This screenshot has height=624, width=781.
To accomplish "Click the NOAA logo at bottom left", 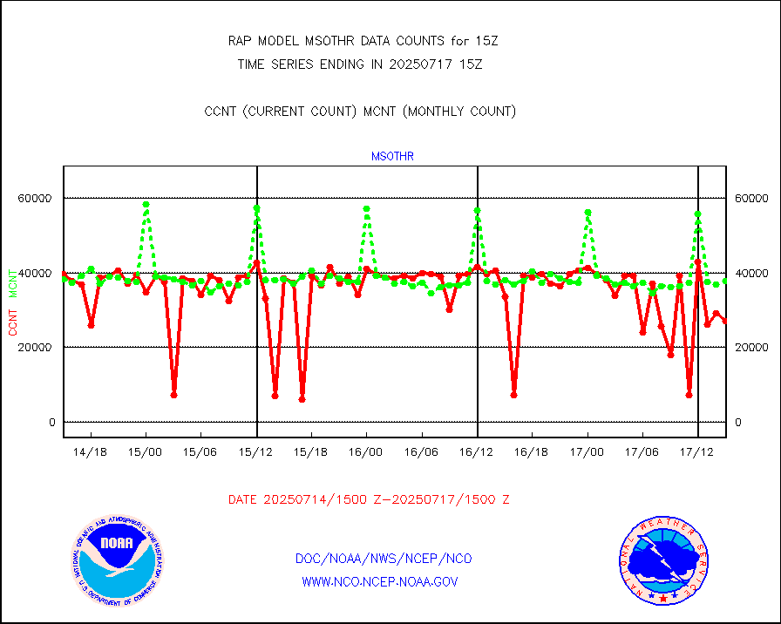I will point(116,562).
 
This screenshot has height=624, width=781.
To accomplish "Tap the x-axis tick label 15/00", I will point(146,452).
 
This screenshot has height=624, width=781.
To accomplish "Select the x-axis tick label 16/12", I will point(477,452).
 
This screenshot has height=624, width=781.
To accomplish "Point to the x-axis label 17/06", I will point(642,452).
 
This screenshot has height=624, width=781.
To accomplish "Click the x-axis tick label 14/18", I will point(91,452).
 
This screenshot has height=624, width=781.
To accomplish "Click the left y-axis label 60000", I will point(36,199).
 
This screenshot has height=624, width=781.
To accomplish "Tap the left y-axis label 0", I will point(52,423).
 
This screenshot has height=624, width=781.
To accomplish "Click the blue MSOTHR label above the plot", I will point(392,157).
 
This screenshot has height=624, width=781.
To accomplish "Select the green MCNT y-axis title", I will point(13,282).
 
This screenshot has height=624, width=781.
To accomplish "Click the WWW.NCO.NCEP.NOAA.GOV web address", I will point(379,581).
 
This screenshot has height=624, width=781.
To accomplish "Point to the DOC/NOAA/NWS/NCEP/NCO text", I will point(384,559).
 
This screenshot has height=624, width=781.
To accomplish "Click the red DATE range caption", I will point(369,500).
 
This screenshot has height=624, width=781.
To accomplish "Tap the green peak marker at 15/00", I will point(146,205).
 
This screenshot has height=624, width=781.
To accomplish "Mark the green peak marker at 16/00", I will point(367,209).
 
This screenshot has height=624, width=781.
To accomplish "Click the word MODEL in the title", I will point(286,41).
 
